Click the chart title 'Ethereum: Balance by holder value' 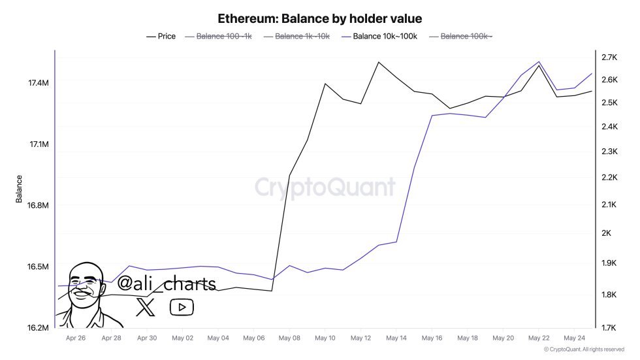pos(319,18)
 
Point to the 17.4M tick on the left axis pos(39,83)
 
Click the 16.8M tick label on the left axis pos(39,206)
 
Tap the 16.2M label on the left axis pos(39,328)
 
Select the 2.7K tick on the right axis pos(610,57)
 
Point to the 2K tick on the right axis pos(606,233)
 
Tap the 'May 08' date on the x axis pos(289,338)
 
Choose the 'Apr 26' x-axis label pos(76,338)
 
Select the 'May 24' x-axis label pos(574,338)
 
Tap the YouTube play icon pos(182,307)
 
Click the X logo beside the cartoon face pos(146,307)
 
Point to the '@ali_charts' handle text pos(166,283)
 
